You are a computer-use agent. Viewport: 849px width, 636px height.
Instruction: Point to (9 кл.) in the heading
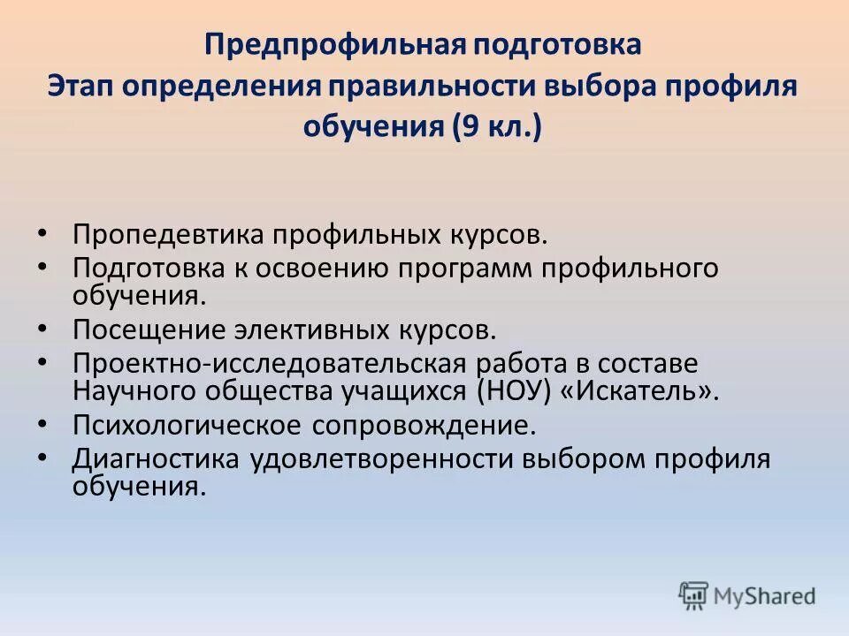(498, 129)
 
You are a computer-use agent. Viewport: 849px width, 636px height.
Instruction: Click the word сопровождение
(424, 425)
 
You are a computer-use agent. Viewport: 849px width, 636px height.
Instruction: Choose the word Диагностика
(156, 459)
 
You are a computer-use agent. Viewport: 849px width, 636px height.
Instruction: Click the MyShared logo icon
(694, 596)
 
